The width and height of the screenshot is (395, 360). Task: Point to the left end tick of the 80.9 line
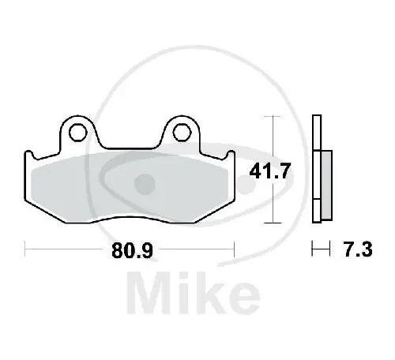pos(25,250)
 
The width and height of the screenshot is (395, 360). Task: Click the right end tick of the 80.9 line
pos(235,250)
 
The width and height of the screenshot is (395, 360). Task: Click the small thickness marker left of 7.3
pos(320,250)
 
